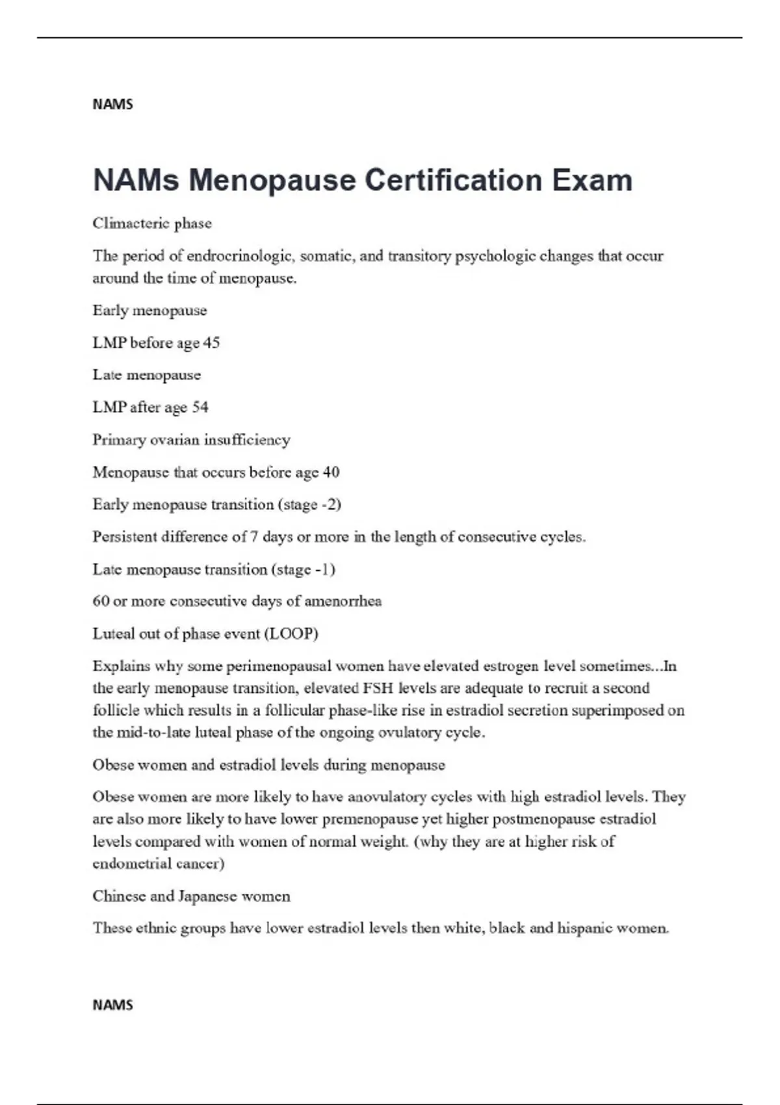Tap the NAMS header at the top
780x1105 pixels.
click(x=112, y=105)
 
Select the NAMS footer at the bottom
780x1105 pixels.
click(x=112, y=1005)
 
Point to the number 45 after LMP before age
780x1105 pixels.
click(x=211, y=343)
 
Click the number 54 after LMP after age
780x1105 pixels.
click(x=200, y=408)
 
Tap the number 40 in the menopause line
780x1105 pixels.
click(x=331, y=473)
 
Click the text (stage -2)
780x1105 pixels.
click(x=309, y=504)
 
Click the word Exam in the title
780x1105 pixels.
click(x=592, y=180)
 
